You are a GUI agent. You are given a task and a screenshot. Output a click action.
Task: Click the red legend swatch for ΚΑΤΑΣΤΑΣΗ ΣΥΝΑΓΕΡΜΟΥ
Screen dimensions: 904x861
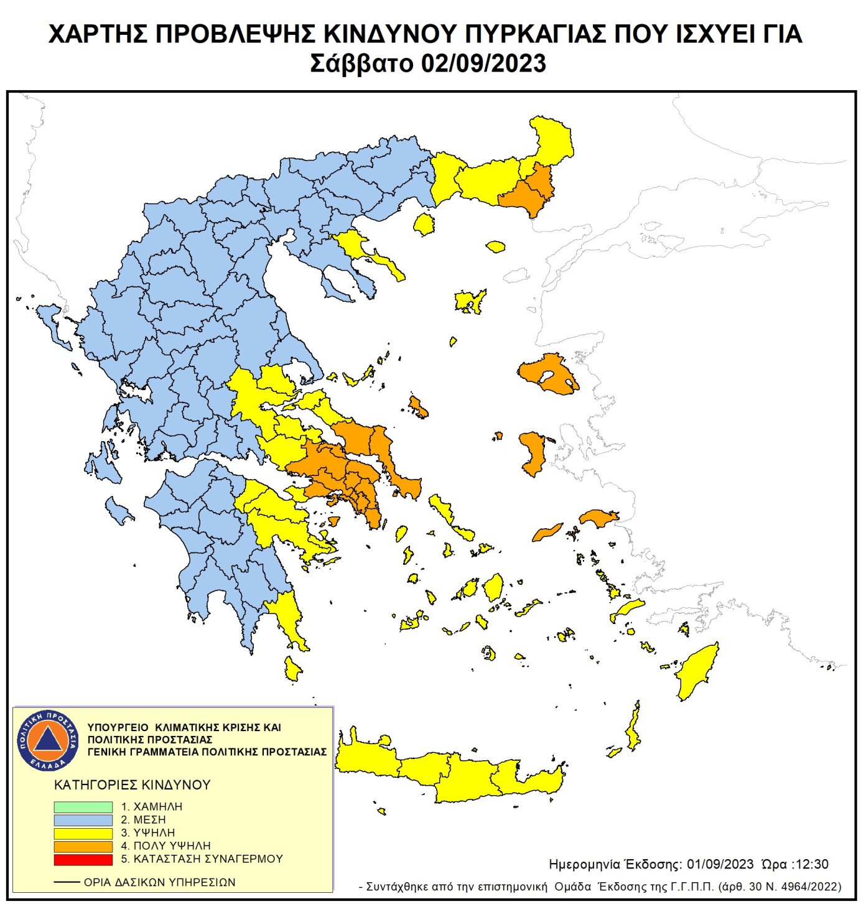tap(83, 859)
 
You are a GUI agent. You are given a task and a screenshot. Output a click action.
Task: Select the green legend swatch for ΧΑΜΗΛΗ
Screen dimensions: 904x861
tap(83, 806)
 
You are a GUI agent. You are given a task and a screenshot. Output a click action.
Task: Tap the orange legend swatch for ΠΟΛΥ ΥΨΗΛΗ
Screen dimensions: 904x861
tap(83, 846)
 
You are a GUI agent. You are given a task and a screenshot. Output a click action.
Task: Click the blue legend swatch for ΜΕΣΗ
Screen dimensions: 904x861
tap(83, 820)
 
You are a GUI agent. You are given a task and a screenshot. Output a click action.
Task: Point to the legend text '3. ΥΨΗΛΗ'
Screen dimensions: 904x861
tap(148, 833)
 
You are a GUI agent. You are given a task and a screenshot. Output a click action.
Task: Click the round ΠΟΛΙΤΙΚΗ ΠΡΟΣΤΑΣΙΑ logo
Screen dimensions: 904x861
tap(48, 740)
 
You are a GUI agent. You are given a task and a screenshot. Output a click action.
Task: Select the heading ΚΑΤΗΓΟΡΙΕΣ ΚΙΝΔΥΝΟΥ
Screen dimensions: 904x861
tap(133, 785)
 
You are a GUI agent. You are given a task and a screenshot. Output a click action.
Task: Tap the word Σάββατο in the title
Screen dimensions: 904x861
tap(361, 63)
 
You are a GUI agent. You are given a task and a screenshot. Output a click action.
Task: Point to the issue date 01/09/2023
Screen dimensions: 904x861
tap(720, 864)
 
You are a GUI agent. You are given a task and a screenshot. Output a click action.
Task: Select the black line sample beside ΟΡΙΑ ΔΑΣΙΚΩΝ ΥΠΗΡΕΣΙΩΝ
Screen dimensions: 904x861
tap(67, 882)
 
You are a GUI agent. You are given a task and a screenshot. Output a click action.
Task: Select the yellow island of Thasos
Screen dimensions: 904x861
tap(425, 224)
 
